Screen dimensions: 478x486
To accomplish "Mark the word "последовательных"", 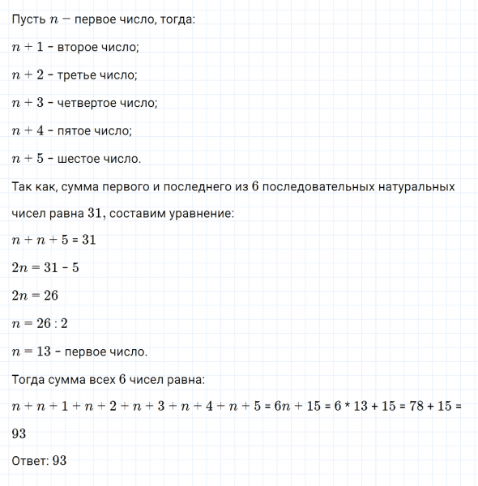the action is (x=313, y=186).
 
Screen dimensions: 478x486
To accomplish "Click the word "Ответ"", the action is (x=30, y=461).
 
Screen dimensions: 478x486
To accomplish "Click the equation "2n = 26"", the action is (x=36, y=296).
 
